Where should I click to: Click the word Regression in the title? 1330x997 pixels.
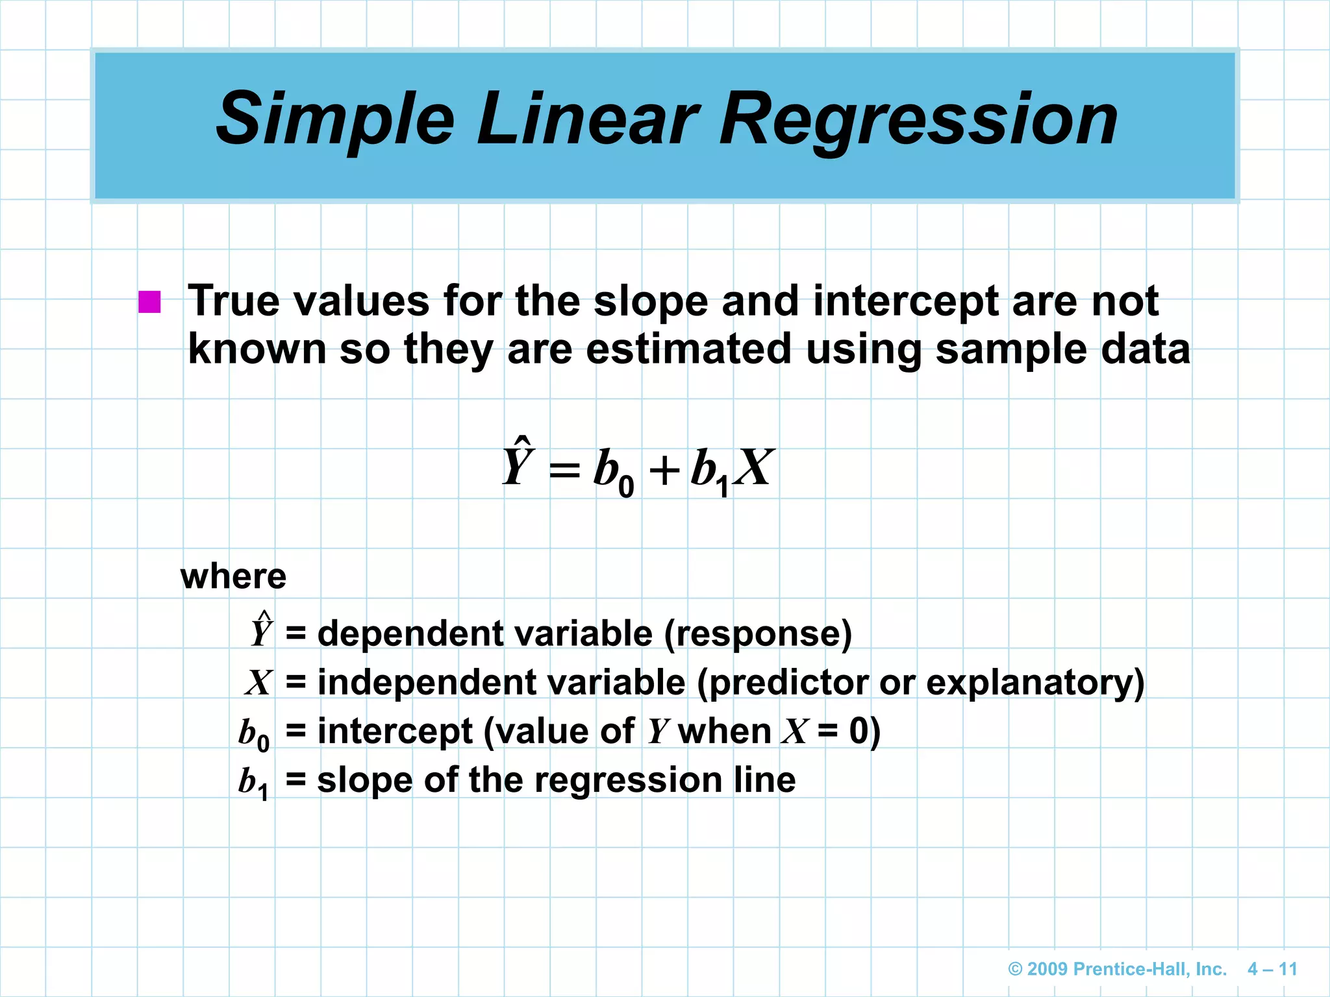(919, 120)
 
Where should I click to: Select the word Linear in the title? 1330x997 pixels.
(588, 120)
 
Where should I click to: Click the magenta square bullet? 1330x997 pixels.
(149, 302)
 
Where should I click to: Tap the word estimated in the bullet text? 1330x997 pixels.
(688, 349)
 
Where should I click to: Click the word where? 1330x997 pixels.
(233, 576)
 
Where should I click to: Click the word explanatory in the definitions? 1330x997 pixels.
(1035, 683)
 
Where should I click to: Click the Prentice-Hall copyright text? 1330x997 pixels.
(1117, 969)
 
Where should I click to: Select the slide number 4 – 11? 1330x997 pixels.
(1272, 969)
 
